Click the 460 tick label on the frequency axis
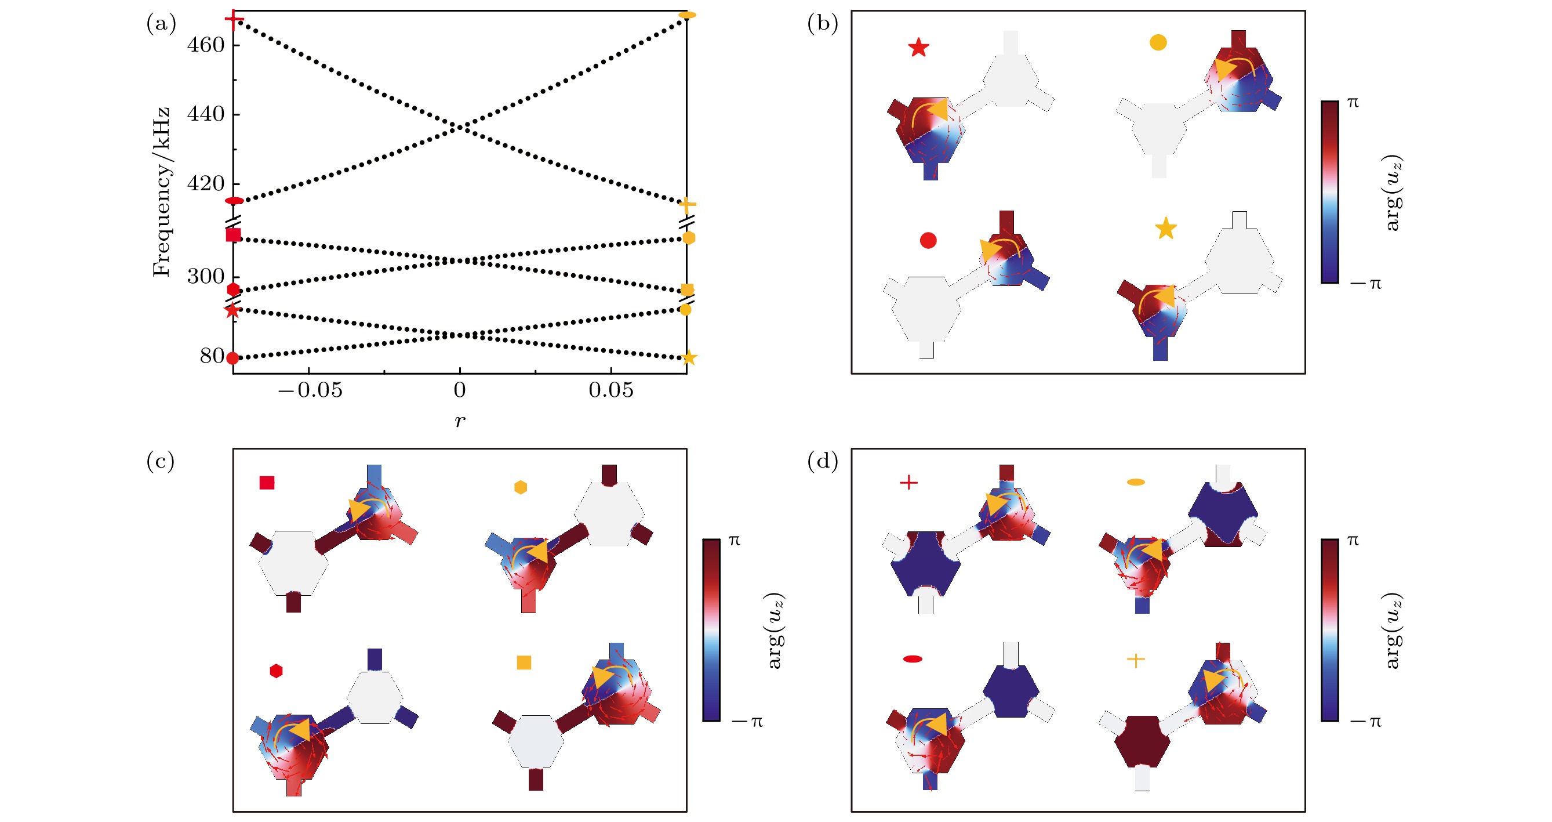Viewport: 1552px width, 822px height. coord(205,45)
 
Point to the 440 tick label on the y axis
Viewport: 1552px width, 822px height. coord(205,114)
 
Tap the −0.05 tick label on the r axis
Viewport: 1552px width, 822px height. coord(310,390)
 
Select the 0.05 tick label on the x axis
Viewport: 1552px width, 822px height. coord(611,390)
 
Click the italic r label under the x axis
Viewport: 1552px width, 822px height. coord(460,421)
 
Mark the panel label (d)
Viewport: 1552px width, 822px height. coord(823,461)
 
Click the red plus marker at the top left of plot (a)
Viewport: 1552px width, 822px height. coord(234,20)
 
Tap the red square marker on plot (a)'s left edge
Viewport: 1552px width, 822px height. coord(233,234)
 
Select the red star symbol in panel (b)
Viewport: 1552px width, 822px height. coord(918,48)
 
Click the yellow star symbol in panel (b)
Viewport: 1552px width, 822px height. coord(1166,229)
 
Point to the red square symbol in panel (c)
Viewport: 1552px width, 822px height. coord(267,483)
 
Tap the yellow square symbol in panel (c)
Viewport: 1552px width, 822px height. coord(524,662)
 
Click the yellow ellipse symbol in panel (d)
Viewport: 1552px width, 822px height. coord(1136,482)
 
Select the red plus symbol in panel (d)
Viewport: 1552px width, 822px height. coord(908,482)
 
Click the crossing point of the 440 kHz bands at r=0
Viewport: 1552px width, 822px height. coord(460,126)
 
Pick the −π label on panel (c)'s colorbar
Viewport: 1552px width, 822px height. coord(747,722)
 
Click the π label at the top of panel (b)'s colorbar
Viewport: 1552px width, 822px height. coord(1353,103)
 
